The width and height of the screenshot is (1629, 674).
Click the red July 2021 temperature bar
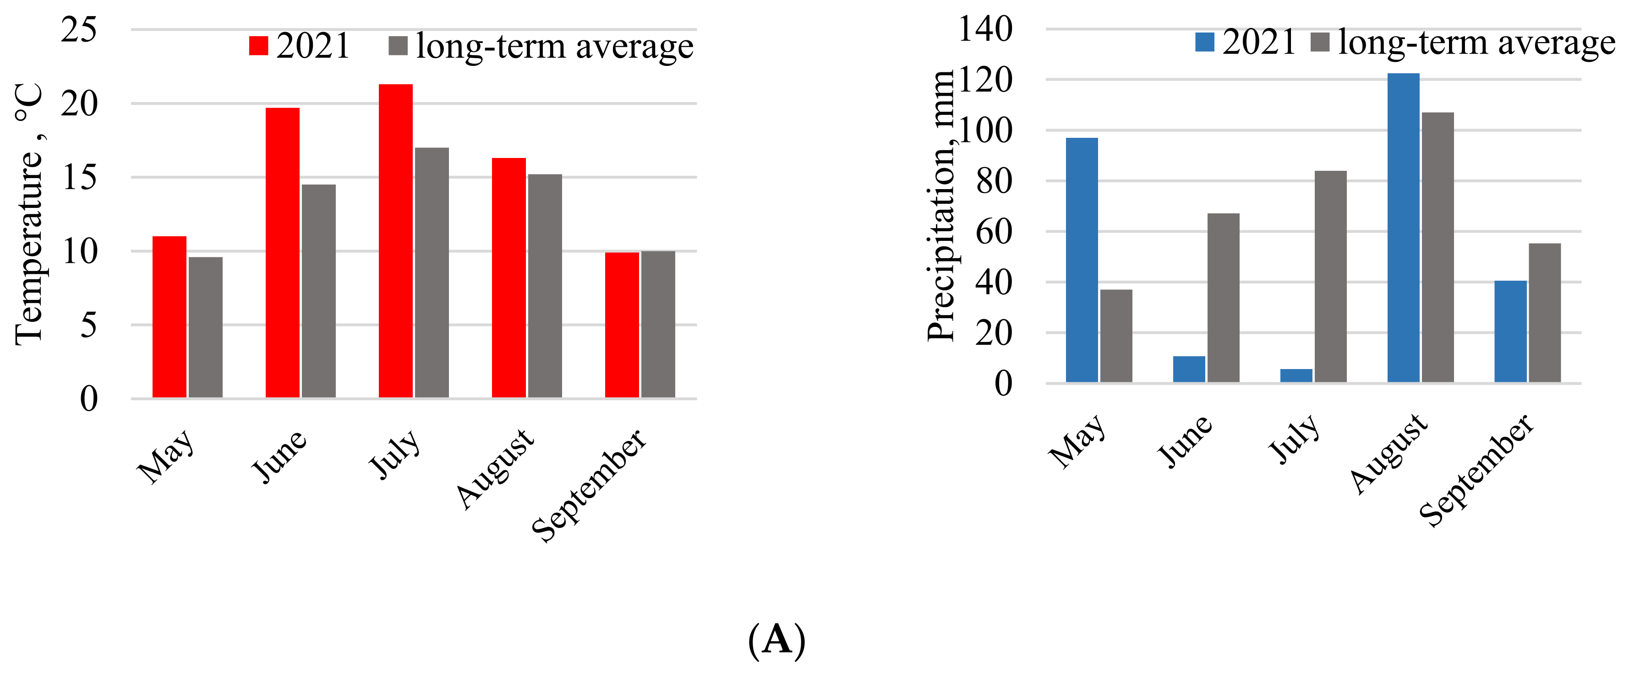395,240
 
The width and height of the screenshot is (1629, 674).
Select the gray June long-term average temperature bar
319,291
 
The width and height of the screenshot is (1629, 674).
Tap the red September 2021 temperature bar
622,325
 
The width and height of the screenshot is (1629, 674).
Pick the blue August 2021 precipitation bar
1403,228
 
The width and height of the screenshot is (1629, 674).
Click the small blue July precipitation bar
1296,375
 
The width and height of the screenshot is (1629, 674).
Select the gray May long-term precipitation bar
1116,336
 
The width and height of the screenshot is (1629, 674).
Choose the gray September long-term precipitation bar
1545,313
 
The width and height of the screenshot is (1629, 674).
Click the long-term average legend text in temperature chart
555,46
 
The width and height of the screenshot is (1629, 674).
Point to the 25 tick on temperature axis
79,30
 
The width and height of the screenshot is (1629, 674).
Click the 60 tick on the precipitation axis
994,231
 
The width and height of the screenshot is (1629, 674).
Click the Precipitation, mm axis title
940,206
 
